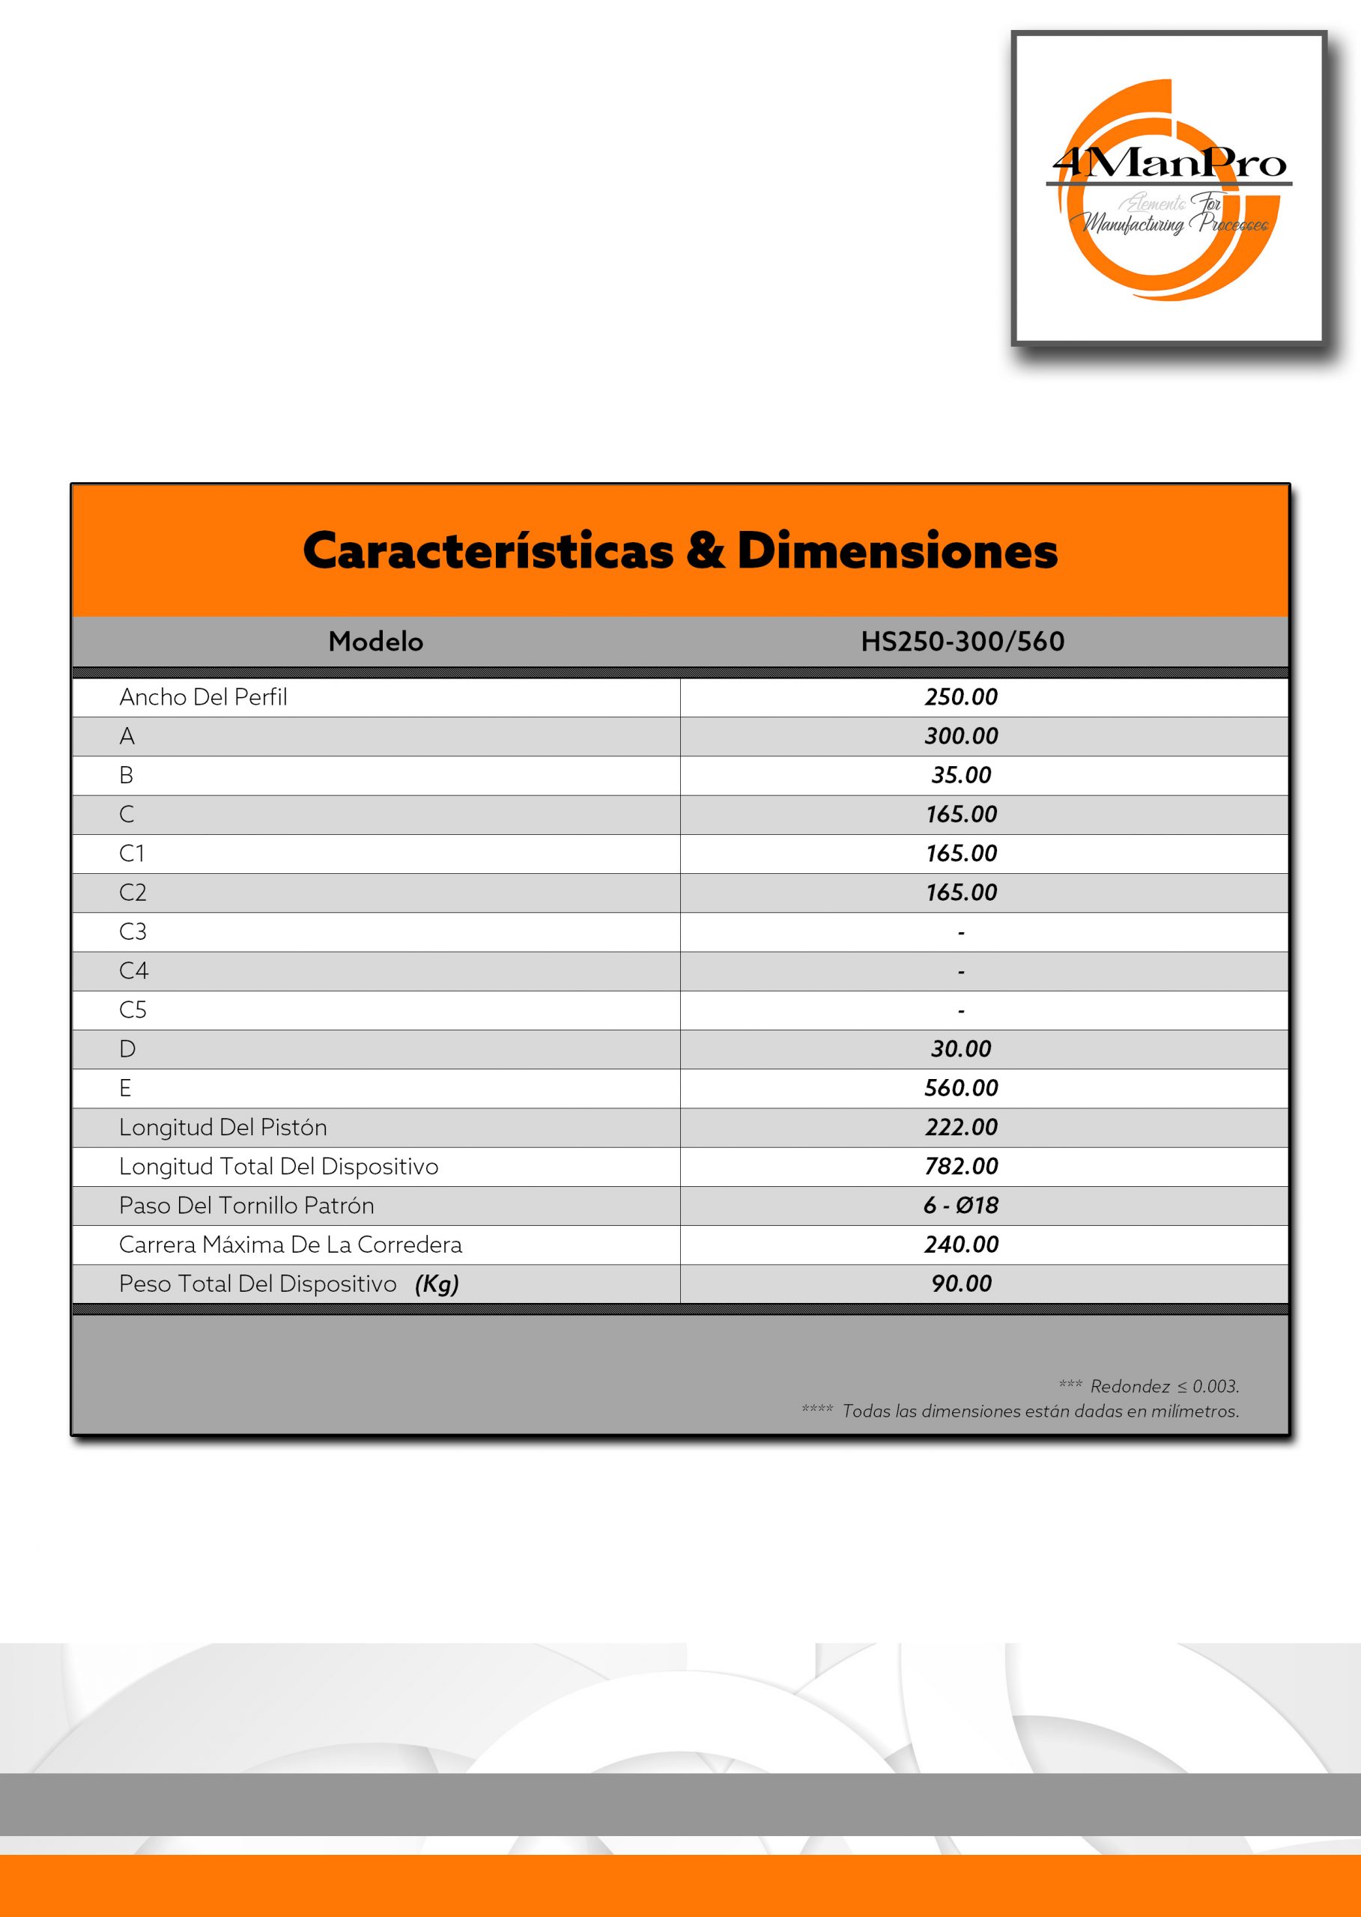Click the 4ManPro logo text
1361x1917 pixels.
click(x=1169, y=162)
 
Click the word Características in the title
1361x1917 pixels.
click(x=488, y=550)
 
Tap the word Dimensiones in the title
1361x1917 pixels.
click(x=897, y=550)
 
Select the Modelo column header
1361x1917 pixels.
click(x=375, y=641)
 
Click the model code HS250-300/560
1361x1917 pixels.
click(x=962, y=641)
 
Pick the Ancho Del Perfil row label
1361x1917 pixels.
click(x=203, y=697)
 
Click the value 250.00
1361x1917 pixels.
click(x=961, y=697)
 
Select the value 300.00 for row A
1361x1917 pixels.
click(x=961, y=736)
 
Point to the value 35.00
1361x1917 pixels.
click(x=961, y=775)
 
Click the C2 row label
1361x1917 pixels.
click(x=133, y=893)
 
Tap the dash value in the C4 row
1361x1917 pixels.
click(x=961, y=972)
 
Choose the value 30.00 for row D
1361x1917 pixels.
click(x=961, y=1049)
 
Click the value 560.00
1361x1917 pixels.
click(x=961, y=1088)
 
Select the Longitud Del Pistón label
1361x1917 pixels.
click(x=223, y=1128)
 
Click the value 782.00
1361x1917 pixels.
click(x=961, y=1166)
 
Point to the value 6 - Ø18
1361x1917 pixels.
click(x=961, y=1206)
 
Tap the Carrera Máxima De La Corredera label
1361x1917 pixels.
click(x=290, y=1245)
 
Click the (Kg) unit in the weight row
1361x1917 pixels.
click(x=437, y=1284)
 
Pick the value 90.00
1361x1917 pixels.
click(x=961, y=1283)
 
